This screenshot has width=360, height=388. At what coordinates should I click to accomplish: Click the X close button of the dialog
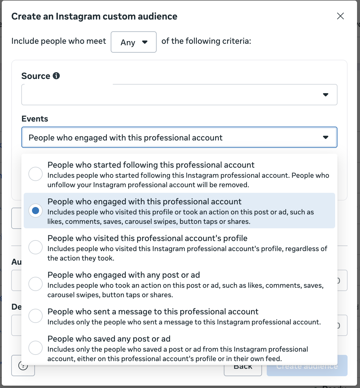[x=340, y=16]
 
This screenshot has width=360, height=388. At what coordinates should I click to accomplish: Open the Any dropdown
[x=134, y=42]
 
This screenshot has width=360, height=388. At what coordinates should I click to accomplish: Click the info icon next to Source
[x=56, y=76]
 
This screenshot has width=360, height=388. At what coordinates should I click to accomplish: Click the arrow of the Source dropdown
[x=326, y=95]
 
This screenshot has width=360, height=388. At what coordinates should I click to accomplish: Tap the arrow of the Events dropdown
[x=326, y=137]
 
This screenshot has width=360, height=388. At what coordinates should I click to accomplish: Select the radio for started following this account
[x=36, y=174]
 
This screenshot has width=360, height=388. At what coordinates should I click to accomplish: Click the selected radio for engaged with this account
[x=36, y=211]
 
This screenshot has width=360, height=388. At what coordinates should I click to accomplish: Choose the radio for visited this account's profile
[x=36, y=247]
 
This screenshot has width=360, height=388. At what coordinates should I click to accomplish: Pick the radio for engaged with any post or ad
[x=36, y=284]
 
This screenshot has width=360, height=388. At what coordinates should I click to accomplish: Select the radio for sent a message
[x=36, y=316]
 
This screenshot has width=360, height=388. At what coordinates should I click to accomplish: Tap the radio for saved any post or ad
[x=36, y=348]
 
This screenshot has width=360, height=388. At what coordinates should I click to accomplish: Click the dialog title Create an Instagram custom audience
[x=94, y=17]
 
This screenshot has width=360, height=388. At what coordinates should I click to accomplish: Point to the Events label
[x=35, y=119]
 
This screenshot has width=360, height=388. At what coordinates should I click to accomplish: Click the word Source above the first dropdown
[x=36, y=76]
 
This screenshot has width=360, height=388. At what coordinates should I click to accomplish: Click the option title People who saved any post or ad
[x=109, y=339]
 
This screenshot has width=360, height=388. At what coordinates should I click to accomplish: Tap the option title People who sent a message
[x=153, y=312]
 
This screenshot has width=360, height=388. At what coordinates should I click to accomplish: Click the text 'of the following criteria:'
[x=206, y=41]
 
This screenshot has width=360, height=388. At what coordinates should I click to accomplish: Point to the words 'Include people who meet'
[x=59, y=41]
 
